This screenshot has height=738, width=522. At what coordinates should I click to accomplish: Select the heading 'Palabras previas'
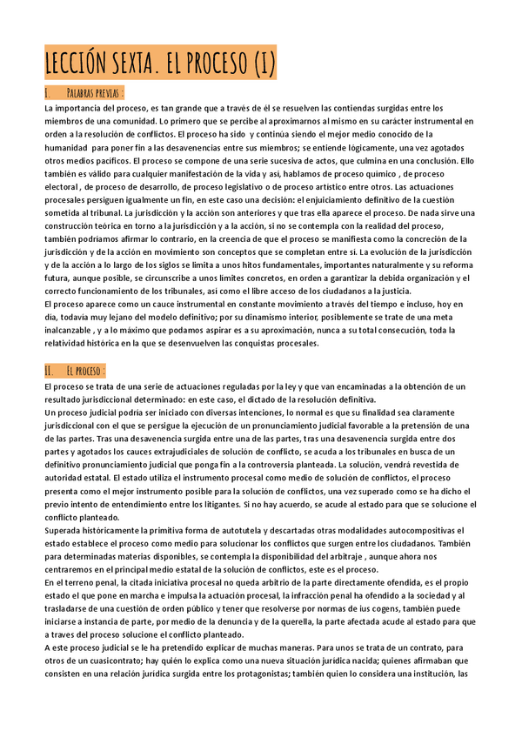point(95,92)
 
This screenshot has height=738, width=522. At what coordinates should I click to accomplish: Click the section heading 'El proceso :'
point(85,371)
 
